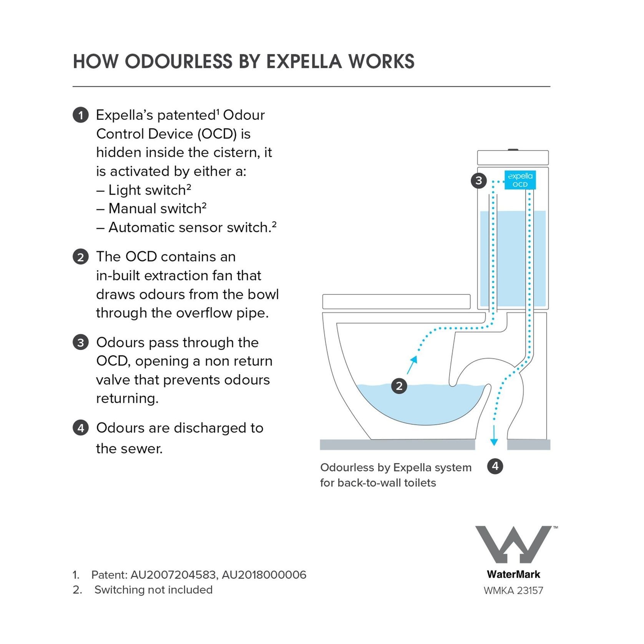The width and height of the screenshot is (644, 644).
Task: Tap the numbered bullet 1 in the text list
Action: pyautogui.click(x=81, y=115)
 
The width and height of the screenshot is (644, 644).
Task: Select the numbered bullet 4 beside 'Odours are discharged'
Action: pyautogui.click(x=81, y=428)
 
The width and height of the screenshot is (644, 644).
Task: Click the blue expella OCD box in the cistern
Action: pyautogui.click(x=520, y=180)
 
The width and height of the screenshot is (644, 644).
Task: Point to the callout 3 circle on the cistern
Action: pyautogui.click(x=479, y=180)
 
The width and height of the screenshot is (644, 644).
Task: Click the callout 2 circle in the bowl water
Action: pyautogui.click(x=399, y=386)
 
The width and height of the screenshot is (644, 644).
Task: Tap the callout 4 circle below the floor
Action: pyautogui.click(x=495, y=466)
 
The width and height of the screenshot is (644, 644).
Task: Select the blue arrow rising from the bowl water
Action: pyautogui.click(x=412, y=364)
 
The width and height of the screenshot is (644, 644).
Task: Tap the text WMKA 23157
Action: pyautogui.click(x=513, y=590)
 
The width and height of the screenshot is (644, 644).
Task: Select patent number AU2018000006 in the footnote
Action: pyautogui.click(x=264, y=575)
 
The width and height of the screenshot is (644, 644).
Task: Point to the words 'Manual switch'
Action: pyautogui.click(x=155, y=209)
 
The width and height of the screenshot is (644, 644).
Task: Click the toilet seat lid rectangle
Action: pyautogui.click(x=396, y=302)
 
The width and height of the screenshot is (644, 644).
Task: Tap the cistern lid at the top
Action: pyautogui.click(x=513, y=158)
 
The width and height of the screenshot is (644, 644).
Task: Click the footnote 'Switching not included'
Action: pyautogui.click(x=153, y=590)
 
